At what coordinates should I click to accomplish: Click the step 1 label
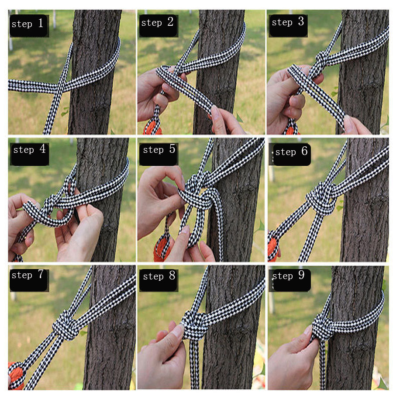point(28,24)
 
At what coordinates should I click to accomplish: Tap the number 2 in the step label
point(170,22)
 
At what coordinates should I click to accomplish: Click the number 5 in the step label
point(172,149)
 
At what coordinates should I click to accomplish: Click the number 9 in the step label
point(301,275)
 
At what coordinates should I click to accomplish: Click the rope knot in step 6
point(321,198)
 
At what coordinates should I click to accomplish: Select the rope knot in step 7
point(66,325)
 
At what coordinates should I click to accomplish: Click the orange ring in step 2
point(152,128)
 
